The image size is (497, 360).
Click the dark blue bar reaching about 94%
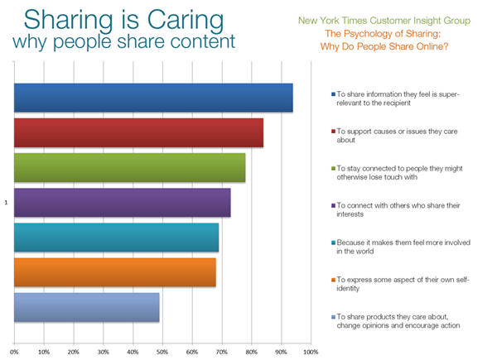[x=153, y=98]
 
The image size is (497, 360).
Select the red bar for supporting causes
[x=138, y=132]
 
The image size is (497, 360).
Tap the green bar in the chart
[x=129, y=167]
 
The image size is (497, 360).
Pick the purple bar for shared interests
[x=122, y=202]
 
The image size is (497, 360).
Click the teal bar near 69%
[x=116, y=237]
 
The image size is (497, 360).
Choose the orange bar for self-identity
[x=114, y=271]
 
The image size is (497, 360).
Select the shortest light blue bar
[x=86, y=306]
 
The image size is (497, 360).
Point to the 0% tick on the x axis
[x=14, y=352]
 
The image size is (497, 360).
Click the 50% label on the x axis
[x=162, y=352]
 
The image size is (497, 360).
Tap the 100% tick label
[x=311, y=352]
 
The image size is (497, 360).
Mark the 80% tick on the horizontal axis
[x=252, y=352]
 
